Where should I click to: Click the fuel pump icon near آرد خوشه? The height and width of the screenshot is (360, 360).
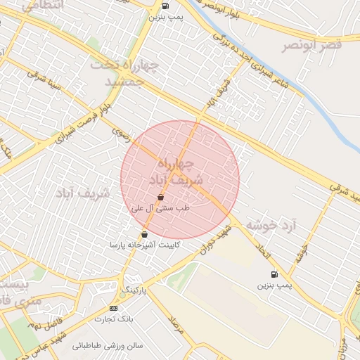(273, 274)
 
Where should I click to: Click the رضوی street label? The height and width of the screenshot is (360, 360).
(121, 134)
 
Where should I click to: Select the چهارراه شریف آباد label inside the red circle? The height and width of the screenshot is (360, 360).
(180, 172)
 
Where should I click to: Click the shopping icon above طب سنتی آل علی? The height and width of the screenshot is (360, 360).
(162, 198)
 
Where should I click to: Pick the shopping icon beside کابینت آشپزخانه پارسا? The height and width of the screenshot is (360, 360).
(144, 234)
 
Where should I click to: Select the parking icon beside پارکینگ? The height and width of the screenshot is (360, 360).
(124, 294)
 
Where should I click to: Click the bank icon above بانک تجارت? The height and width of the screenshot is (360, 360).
(114, 308)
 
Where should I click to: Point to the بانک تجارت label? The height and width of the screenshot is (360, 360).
(114, 319)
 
